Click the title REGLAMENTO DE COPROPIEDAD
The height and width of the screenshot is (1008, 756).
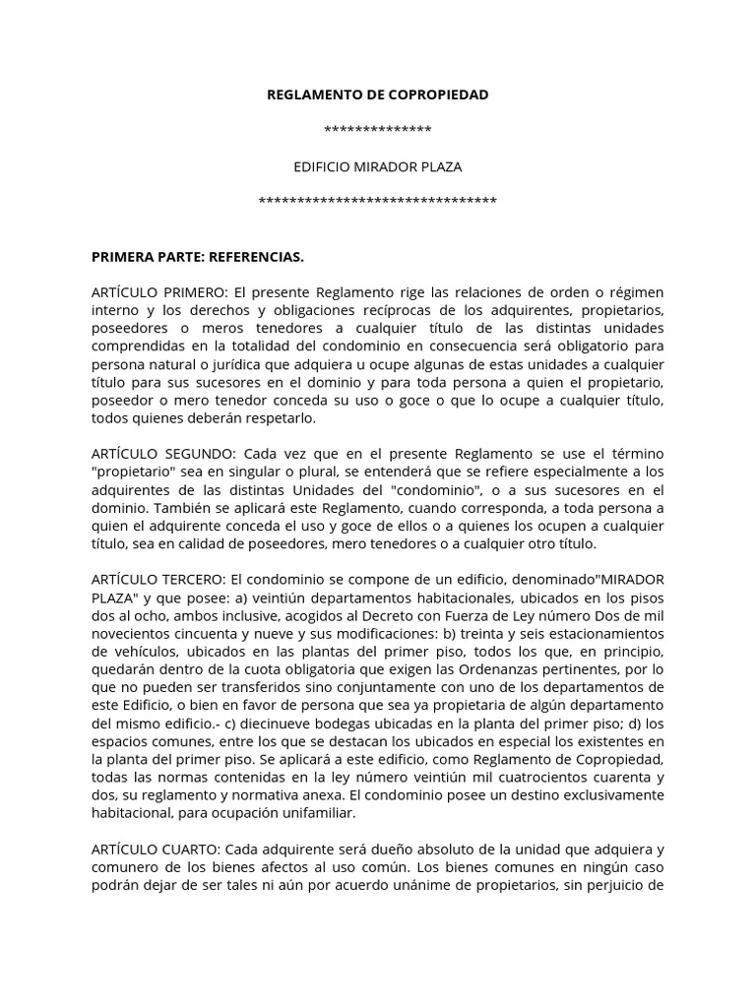[x=378, y=94]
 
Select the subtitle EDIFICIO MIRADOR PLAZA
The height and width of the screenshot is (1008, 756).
[x=378, y=166]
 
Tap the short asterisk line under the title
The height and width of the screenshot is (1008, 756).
[x=378, y=131]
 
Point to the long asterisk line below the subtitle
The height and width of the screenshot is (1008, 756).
[x=378, y=203]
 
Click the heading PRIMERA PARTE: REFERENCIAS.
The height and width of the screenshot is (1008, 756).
[x=198, y=257]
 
